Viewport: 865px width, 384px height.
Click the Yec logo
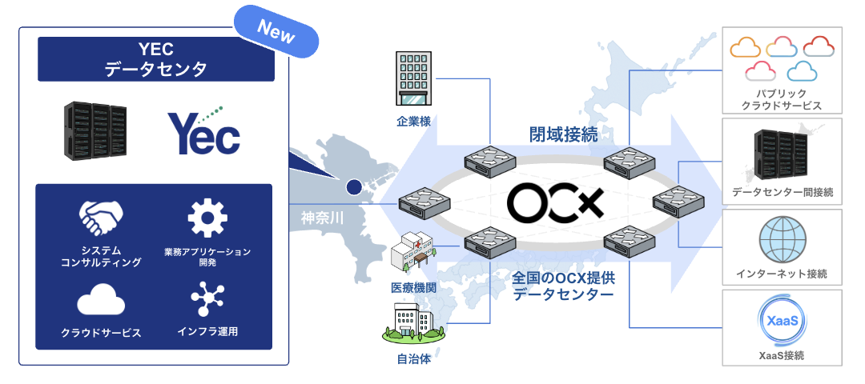tap(203, 132)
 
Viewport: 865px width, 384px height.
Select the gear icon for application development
tap(207, 218)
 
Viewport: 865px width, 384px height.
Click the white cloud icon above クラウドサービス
tap(101, 301)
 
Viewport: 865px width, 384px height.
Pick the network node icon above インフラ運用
tap(207, 301)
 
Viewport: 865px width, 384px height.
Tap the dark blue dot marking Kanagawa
tap(352, 188)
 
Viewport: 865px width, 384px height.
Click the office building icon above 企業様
tap(414, 78)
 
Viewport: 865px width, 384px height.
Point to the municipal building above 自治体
tap(413, 324)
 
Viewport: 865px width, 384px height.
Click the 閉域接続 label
tap(563, 134)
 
